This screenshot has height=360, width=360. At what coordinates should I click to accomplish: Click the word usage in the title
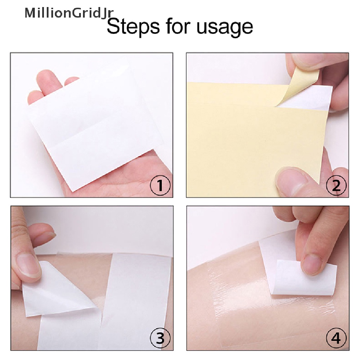225,27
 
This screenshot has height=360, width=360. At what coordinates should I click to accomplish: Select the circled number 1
160,185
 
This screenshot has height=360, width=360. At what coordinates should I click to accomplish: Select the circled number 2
336,185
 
